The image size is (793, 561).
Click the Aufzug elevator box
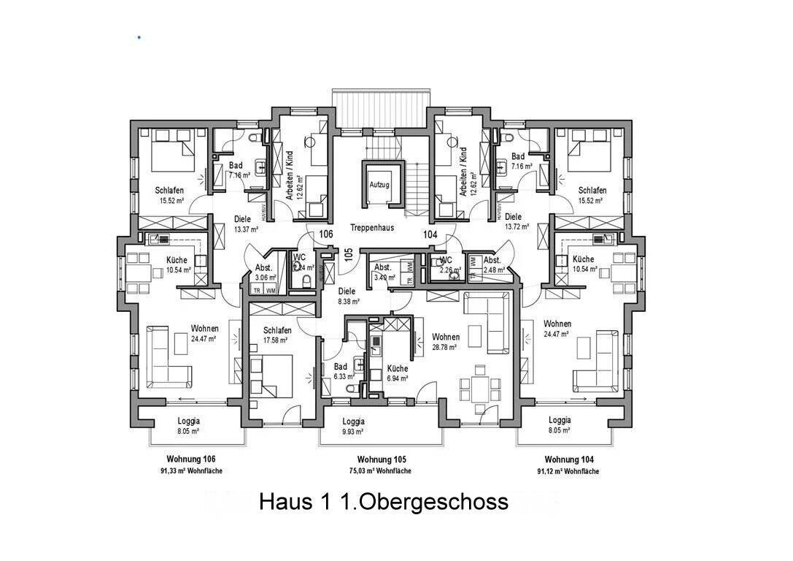click(379, 185)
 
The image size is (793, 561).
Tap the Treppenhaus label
click(371, 227)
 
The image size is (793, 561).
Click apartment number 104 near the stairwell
click(430, 234)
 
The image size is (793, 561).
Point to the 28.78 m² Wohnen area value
click(445, 348)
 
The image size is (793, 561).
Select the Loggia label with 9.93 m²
click(354, 427)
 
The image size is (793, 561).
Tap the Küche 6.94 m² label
click(398, 373)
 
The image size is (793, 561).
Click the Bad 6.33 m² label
click(341, 372)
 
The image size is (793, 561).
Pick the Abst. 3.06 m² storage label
click(263, 272)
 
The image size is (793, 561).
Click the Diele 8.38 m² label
click(347, 295)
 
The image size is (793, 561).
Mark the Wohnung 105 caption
click(376, 459)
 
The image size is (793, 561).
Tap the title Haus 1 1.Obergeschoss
click(383, 503)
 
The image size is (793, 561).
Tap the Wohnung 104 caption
click(569, 459)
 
